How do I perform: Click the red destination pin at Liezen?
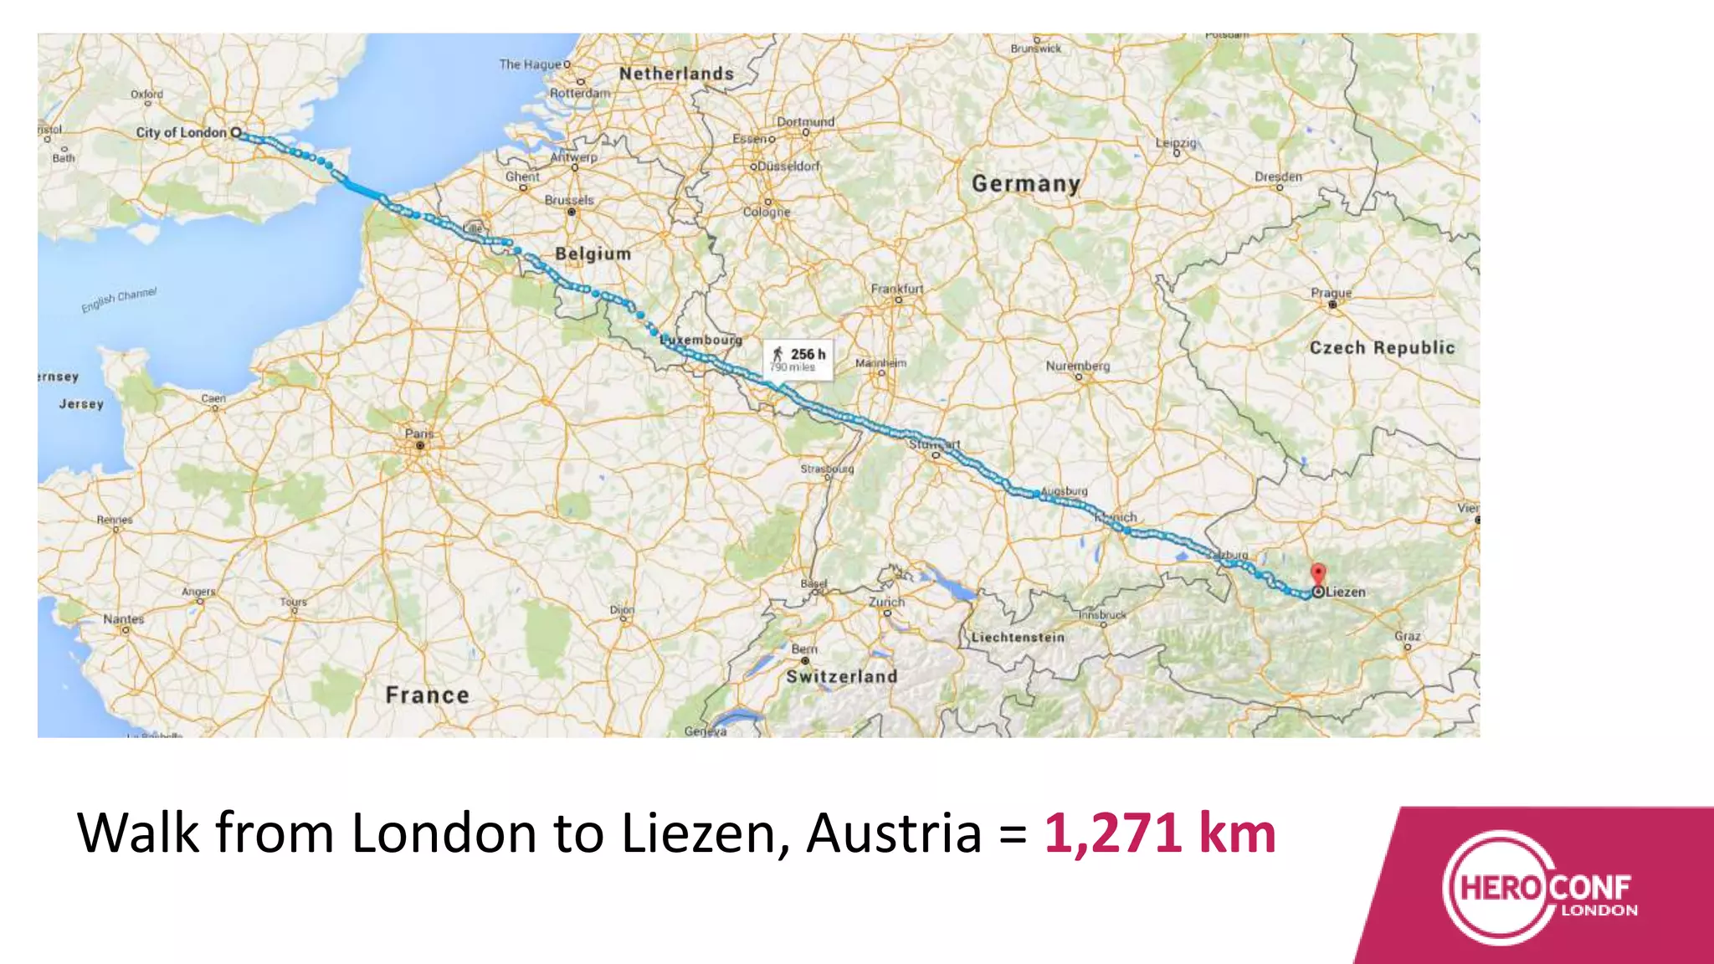tap(1318, 574)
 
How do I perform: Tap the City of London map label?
tap(182, 132)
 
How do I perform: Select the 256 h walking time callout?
tap(798, 359)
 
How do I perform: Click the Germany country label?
tap(1025, 183)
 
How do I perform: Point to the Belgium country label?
tap(593, 254)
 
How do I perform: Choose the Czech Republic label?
tap(1382, 347)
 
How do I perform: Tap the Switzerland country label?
tap(841, 676)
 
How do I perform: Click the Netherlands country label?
tap(676, 74)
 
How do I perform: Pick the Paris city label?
tap(419, 433)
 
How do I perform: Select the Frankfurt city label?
tap(897, 289)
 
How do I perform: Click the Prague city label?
tap(1331, 293)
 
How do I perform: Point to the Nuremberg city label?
tap(1078, 366)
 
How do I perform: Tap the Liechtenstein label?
tap(1018, 638)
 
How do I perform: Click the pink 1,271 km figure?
tap(1160, 833)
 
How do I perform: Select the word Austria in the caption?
tap(894, 833)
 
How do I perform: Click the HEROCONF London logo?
tap(1540, 889)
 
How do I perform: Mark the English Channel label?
tap(119, 300)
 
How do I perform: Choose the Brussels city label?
tap(569, 200)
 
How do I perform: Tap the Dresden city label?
tap(1278, 177)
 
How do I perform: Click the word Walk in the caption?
tap(138, 833)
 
